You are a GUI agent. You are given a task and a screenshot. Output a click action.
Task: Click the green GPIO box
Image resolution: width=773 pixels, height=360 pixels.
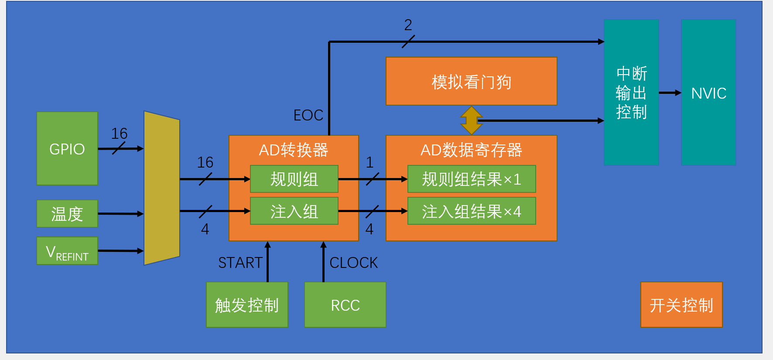click(x=67, y=148)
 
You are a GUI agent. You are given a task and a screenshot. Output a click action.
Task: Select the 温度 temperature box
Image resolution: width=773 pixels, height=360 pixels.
click(x=67, y=214)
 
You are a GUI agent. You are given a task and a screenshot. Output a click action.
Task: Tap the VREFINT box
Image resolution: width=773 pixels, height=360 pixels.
click(x=67, y=251)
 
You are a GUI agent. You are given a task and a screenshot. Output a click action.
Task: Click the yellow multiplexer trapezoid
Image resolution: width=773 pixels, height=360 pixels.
click(x=162, y=188)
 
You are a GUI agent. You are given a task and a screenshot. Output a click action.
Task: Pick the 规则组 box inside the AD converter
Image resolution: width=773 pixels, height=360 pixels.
click(x=294, y=179)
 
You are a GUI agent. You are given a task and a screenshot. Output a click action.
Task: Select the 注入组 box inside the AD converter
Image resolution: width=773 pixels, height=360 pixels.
click(x=294, y=211)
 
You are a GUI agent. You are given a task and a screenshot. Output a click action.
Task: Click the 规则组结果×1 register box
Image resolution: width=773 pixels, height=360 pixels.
click(x=472, y=179)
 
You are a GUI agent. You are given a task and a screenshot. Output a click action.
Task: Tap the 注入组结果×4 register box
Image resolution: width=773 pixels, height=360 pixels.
click(x=472, y=211)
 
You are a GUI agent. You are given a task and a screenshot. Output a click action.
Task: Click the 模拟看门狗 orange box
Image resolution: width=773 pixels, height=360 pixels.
click(x=472, y=81)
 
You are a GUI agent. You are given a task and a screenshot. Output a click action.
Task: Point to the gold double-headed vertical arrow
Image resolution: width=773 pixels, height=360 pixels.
click(x=471, y=120)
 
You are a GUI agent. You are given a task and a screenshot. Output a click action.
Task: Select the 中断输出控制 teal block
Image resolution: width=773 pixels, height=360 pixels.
click(x=631, y=93)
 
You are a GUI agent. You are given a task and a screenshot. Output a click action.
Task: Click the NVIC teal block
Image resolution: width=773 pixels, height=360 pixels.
click(x=708, y=93)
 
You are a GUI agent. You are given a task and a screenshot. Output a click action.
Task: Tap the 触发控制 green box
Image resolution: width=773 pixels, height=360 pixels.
click(x=247, y=305)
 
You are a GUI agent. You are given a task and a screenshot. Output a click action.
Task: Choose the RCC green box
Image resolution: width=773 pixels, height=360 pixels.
click(x=345, y=305)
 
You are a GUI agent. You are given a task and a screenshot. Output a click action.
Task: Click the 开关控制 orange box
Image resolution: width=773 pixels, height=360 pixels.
click(x=681, y=305)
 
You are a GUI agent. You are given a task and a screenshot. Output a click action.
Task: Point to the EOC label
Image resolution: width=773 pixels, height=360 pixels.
click(x=308, y=115)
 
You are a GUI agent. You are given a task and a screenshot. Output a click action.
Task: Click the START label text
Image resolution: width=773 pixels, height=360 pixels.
click(x=240, y=263)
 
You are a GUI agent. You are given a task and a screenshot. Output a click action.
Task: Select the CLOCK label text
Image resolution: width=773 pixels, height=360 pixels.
click(x=353, y=263)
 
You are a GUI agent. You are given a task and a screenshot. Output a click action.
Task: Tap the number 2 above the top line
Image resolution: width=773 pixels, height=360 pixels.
click(x=408, y=25)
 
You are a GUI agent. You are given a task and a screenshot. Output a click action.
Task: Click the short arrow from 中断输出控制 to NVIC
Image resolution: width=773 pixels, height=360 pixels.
click(x=670, y=93)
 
